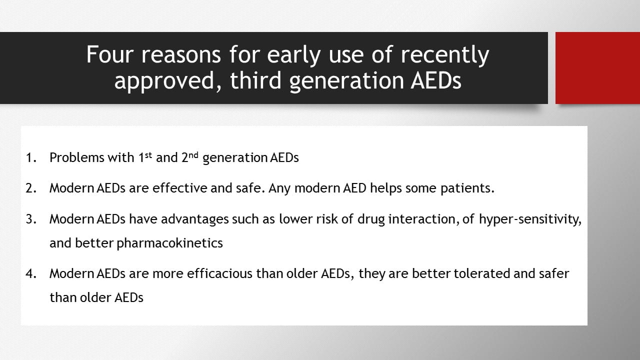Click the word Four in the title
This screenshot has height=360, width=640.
pos(110,54)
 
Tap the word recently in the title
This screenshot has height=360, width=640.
pos(445,55)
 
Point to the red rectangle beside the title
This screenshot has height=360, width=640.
pos(597,68)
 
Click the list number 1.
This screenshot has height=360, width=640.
pos(31,157)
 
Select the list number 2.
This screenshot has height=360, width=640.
pos(31,188)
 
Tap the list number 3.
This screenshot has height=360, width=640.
pos(31,219)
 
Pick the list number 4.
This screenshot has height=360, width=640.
pos(31,273)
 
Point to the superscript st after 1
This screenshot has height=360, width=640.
pos(148,155)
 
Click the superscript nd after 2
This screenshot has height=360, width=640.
pos(193,155)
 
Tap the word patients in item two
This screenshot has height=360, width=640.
pos(467,188)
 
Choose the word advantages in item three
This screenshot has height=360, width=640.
pos(195,219)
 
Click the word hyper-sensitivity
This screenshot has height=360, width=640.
pos(530,219)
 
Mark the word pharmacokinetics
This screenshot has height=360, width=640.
pos(169,243)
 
